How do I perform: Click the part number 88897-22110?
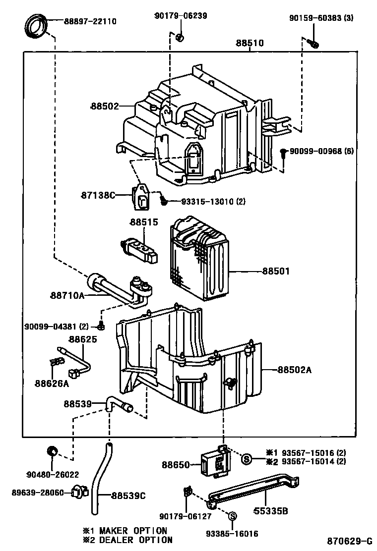pyautogui.click(x=90, y=21)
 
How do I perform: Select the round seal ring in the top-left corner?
pyautogui.click(x=36, y=26)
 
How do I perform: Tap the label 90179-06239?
pyautogui.click(x=181, y=15)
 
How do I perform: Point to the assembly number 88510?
pyautogui.click(x=250, y=43)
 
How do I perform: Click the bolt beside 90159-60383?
pyautogui.click(x=314, y=43)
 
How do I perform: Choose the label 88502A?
pyautogui.click(x=294, y=370)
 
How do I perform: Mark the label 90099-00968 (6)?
pyautogui.click(x=321, y=151)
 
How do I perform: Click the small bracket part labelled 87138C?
pyautogui.click(x=140, y=196)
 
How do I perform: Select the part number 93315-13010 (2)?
pyautogui.click(x=213, y=201)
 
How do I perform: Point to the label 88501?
pyautogui.click(x=276, y=271)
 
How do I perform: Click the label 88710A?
pyautogui.click(x=67, y=295)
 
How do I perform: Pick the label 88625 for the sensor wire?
pyautogui.click(x=83, y=339)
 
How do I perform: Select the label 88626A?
pyautogui.click(x=52, y=383)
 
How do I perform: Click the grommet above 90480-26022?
pyautogui.click(x=52, y=450)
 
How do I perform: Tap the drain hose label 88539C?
pyautogui.click(x=128, y=496)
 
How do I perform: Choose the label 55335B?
pyautogui.click(x=271, y=510)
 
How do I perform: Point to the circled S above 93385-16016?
pyautogui.click(x=232, y=516)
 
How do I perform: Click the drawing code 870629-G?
pyautogui.click(x=350, y=541)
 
